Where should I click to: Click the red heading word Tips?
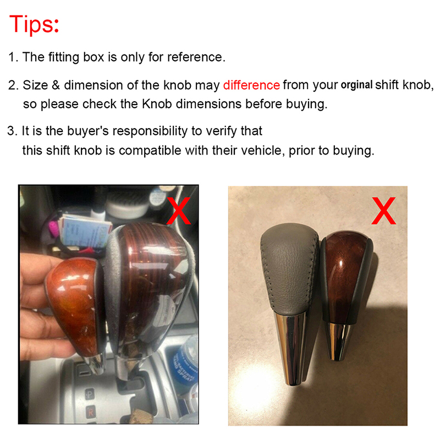click(34, 25)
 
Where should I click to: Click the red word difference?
click(251, 85)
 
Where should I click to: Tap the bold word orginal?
click(356, 85)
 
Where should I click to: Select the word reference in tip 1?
click(196, 57)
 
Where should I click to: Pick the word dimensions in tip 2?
click(208, 104)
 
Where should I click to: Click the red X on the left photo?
click(178, 211)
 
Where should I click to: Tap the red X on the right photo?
click(383, 211)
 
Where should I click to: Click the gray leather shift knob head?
click(289, 268)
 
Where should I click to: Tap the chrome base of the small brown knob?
click(338, 341)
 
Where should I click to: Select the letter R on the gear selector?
click(90, 413)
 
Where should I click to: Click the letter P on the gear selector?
click(89, 394)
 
